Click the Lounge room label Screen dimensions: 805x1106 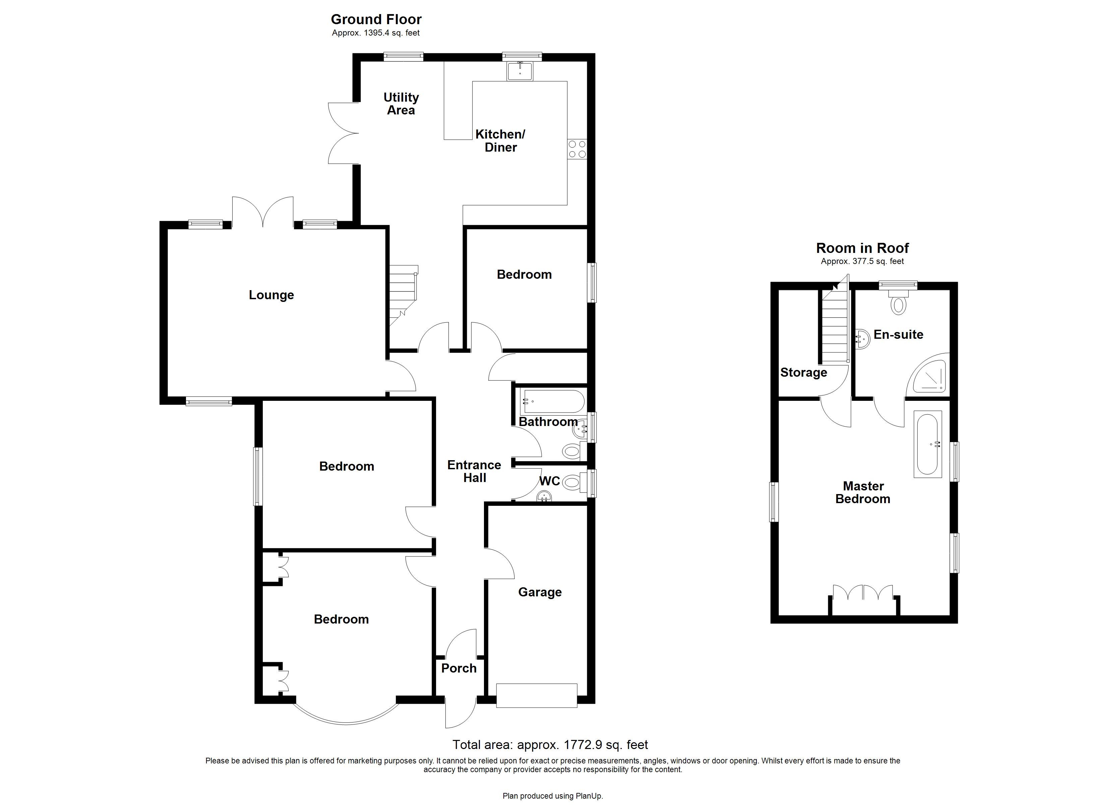tap(271, 295)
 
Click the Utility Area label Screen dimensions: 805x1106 tap(401, 104)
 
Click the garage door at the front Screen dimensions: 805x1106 tap(537, 696)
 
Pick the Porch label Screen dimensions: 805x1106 tap(458, 668)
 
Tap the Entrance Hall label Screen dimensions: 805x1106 tap(474, 471)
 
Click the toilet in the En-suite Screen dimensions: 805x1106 tap(897, 303)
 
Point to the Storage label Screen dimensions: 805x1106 tap(803, 372)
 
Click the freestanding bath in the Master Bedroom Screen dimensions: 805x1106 tap(927, 444)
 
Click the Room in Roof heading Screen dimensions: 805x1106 tap(862, 248)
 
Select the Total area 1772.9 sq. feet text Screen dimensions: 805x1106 tap(550, 745)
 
